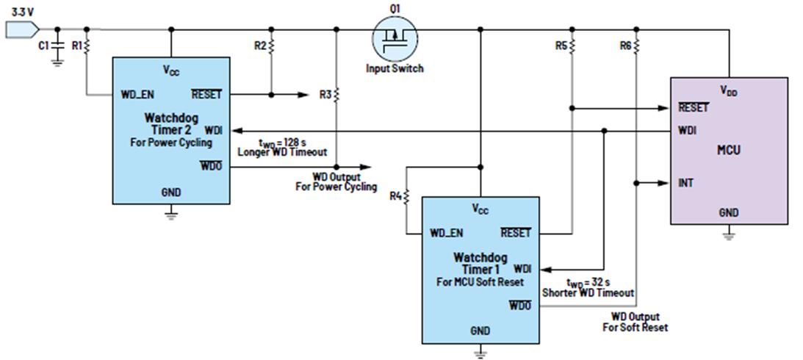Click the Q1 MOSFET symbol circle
pyautogui.click(x=395, y=38)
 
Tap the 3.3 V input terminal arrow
pyautogui.click(x=22, y=29)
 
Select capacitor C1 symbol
pyautogui.click(x=57, y=46)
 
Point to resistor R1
pyautogui.click(x=87, y=46)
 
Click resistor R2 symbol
pyautogui.click(x=271, y=46)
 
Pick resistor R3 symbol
pyautogui.click(x=336, y=95)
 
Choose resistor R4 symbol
pyautogui.click(x=406, y=197)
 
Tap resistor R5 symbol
pyautogui.click(x=572, y=46)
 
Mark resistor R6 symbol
pyautogui.click(x=636, y=46)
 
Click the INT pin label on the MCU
pyautogui.click(x=685, y=183)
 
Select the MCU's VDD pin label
pyautogui.click(x=730, y=91)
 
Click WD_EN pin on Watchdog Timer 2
pyautogui.click(x=137, y=95)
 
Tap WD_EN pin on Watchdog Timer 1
pyautogui.click(x=447, y=233)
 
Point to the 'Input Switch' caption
pyautogui.click(x=395, y=68)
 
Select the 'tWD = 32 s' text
pyautogui.click(x=588, y=283)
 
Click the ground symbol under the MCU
pyautogui.click(x=729, y=237)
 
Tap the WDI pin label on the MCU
pyautogui.click(x=687, y=131)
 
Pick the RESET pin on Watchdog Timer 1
pyautogui.click(x=515, y=233)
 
